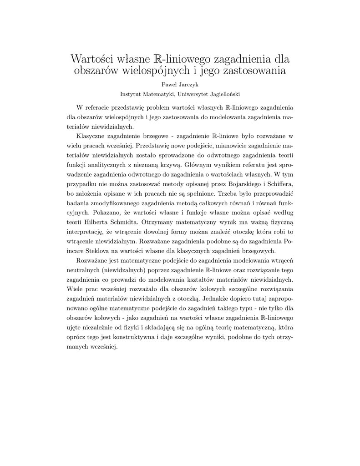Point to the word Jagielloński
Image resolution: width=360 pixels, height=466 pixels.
tap(222, 94)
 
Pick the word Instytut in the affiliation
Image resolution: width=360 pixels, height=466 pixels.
tap(130, 94)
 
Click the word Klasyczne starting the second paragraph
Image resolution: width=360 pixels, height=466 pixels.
tap(92, 136)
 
